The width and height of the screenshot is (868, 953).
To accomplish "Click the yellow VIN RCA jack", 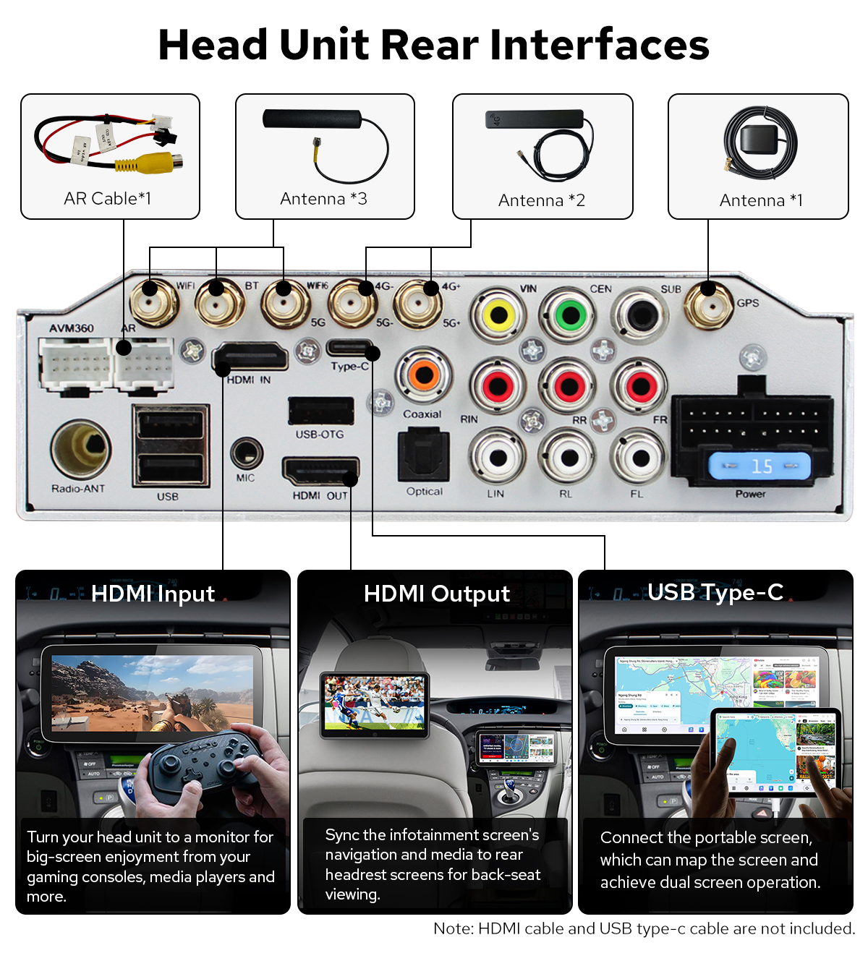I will pos(498,315).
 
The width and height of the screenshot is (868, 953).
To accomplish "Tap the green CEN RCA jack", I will pos(570,315).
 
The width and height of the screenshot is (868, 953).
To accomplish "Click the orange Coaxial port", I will pos(424,375).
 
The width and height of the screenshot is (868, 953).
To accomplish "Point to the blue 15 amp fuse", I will pos(759,466).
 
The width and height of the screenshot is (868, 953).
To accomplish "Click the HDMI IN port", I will pos(250,358).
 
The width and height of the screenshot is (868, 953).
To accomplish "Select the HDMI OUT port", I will pos(320,472).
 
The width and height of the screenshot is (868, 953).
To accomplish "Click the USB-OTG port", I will pos(320,411).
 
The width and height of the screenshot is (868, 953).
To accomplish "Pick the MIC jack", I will pos(246,454).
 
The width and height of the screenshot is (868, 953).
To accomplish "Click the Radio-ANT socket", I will pos(81,448).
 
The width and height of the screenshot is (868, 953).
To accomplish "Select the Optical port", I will pos(424,456).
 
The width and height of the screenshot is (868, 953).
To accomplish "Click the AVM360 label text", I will pos(72,328).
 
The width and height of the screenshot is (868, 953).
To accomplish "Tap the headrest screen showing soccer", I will pos(375,704).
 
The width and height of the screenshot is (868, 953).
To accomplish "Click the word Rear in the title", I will pos(429,45).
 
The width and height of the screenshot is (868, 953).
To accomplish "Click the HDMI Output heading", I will pos(436,594).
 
